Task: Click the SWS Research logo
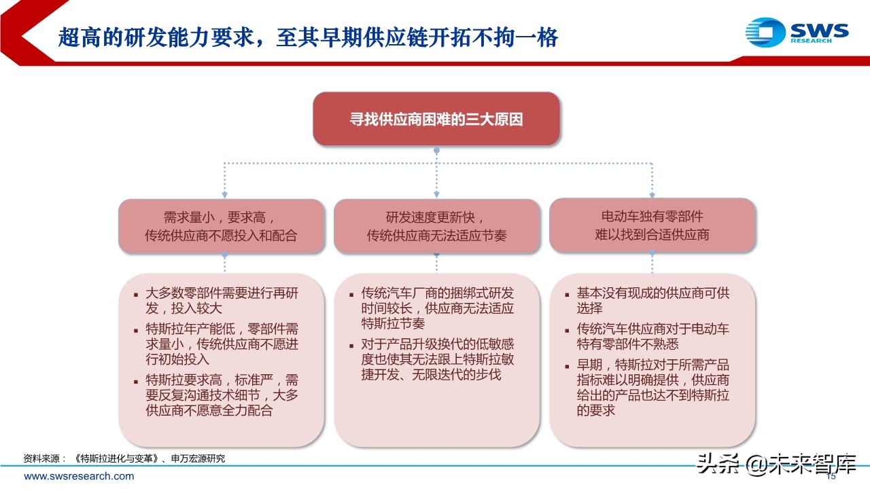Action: coord(797,32)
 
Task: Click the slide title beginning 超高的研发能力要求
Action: coord(308,37)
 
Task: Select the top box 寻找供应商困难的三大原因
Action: coord(436,120)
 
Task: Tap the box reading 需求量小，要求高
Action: coord(222,227)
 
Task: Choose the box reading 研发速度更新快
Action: coord(436,227)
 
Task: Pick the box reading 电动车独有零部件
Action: coord(652,225)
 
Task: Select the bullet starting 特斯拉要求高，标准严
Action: coord(222,395)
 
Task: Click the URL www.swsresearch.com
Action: coord(79,476)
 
